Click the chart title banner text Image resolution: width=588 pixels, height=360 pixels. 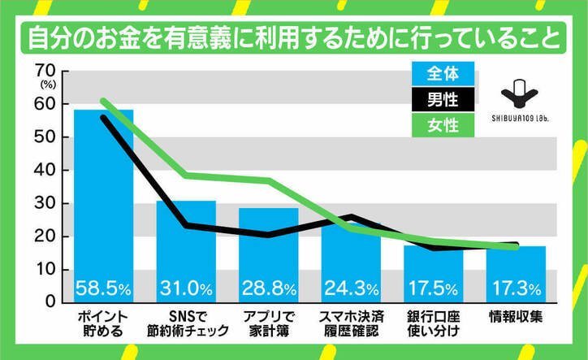pyautogui.click(x=293, y=37)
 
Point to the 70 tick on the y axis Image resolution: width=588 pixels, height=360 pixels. pyautogui.click(x=45, y=71)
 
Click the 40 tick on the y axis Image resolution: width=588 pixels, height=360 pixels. pyautogui.click(x=45, y=170)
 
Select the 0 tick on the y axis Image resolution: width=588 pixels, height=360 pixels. pyautogui.click(x=50, y=301)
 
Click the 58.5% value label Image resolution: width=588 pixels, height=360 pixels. pyautogui.click(x=104, y=288)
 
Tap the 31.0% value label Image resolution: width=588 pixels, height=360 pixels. pyautogui.click(x=186, y=288)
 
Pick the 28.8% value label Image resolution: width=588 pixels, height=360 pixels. pyautogui.click(x=269, y=288)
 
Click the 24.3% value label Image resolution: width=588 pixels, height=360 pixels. pyautogui.click(x=351, y=288)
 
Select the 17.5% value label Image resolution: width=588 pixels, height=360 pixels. pyautogui.click(x=434, y=288)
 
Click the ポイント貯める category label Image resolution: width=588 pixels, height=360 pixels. pyautogui.click(x=103, y=323)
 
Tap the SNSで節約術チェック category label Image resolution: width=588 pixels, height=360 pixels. pyautogui.click(x=186, y=323)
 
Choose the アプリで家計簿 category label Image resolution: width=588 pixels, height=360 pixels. pyautogui.click(x=269, y=323)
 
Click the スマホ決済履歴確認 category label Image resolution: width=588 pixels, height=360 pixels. pyautogui.click(x=351, y=323)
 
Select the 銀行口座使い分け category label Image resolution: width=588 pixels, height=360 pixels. pyautogui.click(x=434, y=323)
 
